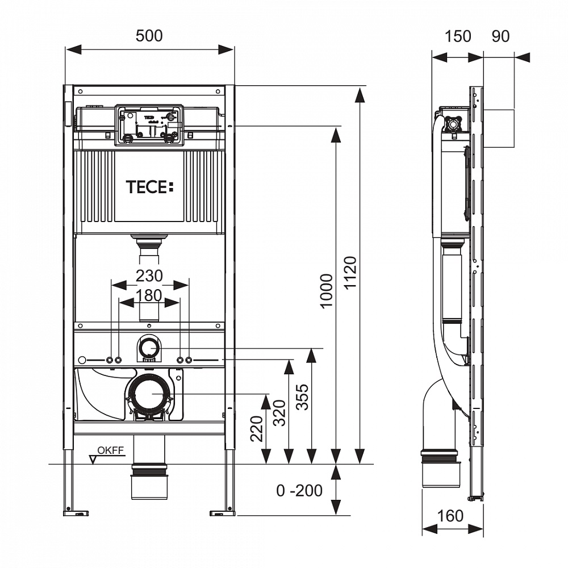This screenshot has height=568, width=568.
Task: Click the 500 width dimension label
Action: click(x=149, y=36)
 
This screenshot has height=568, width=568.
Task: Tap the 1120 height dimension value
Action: click(x=350, y=272)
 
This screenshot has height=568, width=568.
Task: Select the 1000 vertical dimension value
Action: click(x=327, y=290)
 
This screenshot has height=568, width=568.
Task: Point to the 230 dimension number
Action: click(x=149, y=276)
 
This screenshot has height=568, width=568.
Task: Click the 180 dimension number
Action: click(x=148, y=295)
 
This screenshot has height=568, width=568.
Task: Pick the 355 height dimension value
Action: click(x=302, y=398)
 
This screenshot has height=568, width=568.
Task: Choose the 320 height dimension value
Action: click(x=279, y=412)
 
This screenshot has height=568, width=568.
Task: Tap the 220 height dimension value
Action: click(x=257, y=429)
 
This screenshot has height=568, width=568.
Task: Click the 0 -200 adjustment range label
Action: click(x=299, y=491)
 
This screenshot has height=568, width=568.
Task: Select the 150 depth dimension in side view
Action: click(x=457, y=36)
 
